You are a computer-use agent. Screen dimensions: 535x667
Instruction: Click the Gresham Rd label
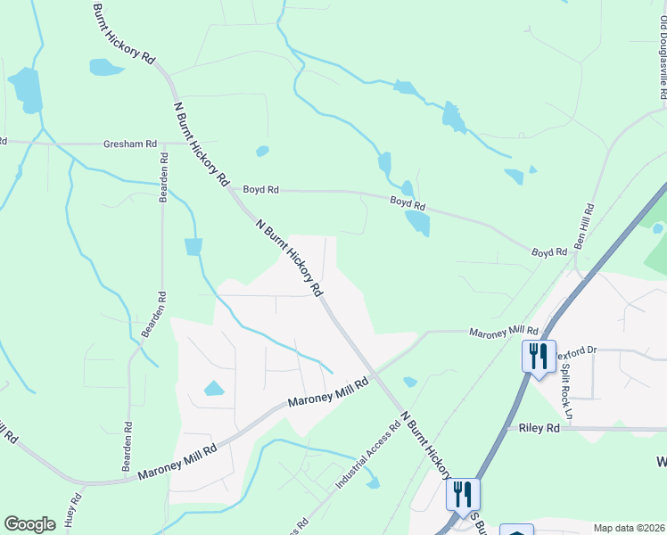click(130, 143)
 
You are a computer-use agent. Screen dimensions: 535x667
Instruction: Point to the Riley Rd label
click(539, 428)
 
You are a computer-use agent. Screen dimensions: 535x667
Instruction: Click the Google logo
click(29, 524)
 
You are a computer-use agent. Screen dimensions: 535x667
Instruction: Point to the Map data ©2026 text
click(630, 528)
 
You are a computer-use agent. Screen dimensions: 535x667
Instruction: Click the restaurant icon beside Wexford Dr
click(539, 357)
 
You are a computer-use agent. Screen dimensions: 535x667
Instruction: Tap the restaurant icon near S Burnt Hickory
click(463, 494)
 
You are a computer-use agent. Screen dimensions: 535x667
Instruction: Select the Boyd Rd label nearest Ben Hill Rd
click(549, 252)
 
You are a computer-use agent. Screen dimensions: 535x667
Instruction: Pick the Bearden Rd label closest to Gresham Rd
click(164, 177)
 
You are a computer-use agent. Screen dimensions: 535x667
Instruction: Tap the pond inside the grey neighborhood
click(214, 388)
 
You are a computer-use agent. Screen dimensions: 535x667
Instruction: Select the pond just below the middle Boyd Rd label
click(416, 222)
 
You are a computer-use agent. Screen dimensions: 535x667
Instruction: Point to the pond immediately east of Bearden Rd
click(194, 246)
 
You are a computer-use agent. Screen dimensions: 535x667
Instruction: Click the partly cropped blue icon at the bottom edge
click(516, 529)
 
